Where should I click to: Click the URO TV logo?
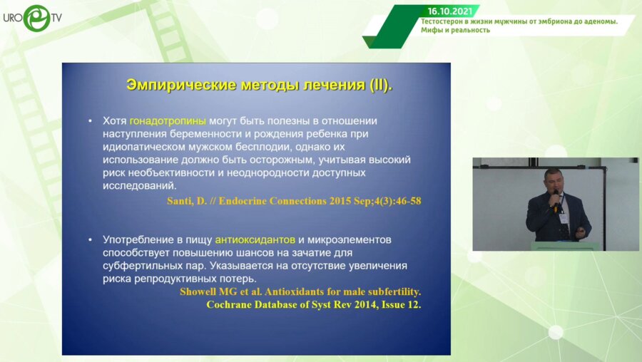point(32,18)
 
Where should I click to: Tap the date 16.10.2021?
point(450,11)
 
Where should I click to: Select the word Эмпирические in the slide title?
point(181,85)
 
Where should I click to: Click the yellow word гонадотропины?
point(168,120)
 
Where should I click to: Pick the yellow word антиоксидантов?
point(255,239)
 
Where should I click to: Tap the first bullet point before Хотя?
point(90,121)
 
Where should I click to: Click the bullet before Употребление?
point(90,239)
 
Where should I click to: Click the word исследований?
point(139,186)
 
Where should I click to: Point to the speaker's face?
point(553,181)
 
